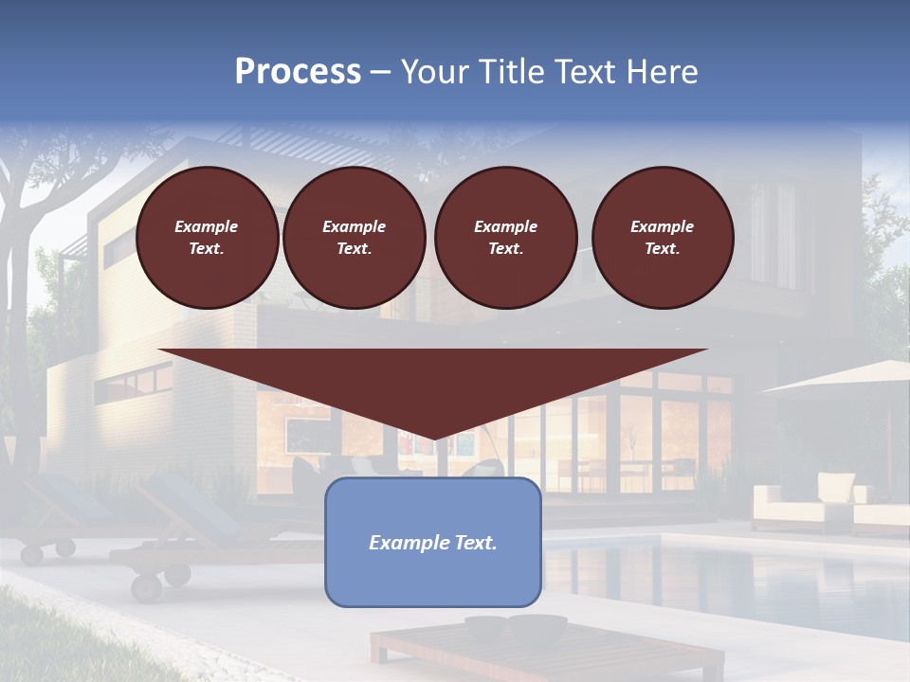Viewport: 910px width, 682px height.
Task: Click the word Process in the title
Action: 298,72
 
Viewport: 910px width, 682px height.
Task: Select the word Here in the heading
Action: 664,72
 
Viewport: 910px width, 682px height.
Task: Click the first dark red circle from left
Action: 208,238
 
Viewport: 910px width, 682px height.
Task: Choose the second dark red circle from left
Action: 355,238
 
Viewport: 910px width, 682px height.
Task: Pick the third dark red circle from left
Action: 506,238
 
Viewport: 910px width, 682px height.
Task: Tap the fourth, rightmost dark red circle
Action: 663,238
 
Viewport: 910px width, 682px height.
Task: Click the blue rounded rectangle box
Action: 433,578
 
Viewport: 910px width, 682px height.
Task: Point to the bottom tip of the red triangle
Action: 434,438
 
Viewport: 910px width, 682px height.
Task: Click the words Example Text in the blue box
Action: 433,543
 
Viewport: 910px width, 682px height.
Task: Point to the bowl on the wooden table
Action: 517,626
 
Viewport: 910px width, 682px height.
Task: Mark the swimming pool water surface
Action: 720,578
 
